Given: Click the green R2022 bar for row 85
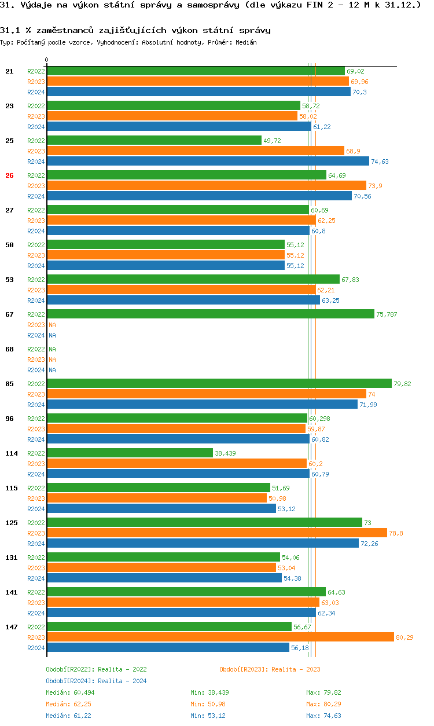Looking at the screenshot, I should [x=219, y=383].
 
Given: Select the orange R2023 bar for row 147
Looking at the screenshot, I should [x=220, y=637].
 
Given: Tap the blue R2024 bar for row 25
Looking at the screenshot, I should [x=208, y=161].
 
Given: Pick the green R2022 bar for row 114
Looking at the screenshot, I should [x=130, y=453].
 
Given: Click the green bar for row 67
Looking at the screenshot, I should [x=211, y=314].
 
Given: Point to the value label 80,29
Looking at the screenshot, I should [x=404, y=637].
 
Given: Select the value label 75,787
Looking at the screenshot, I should [x=387, y=314].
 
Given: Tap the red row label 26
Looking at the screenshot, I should [x=9, y=175].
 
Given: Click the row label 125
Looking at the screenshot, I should [x=11, y=523].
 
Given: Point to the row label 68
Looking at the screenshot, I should [x=9, y=349].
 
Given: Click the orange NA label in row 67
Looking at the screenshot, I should [x=52, y=325].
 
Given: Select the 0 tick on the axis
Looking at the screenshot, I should [x=47, y=60].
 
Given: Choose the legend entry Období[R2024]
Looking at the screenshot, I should [x=70, y=681].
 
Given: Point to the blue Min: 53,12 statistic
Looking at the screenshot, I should [x=209, y=716].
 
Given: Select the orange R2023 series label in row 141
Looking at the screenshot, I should [x=36, y=603].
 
